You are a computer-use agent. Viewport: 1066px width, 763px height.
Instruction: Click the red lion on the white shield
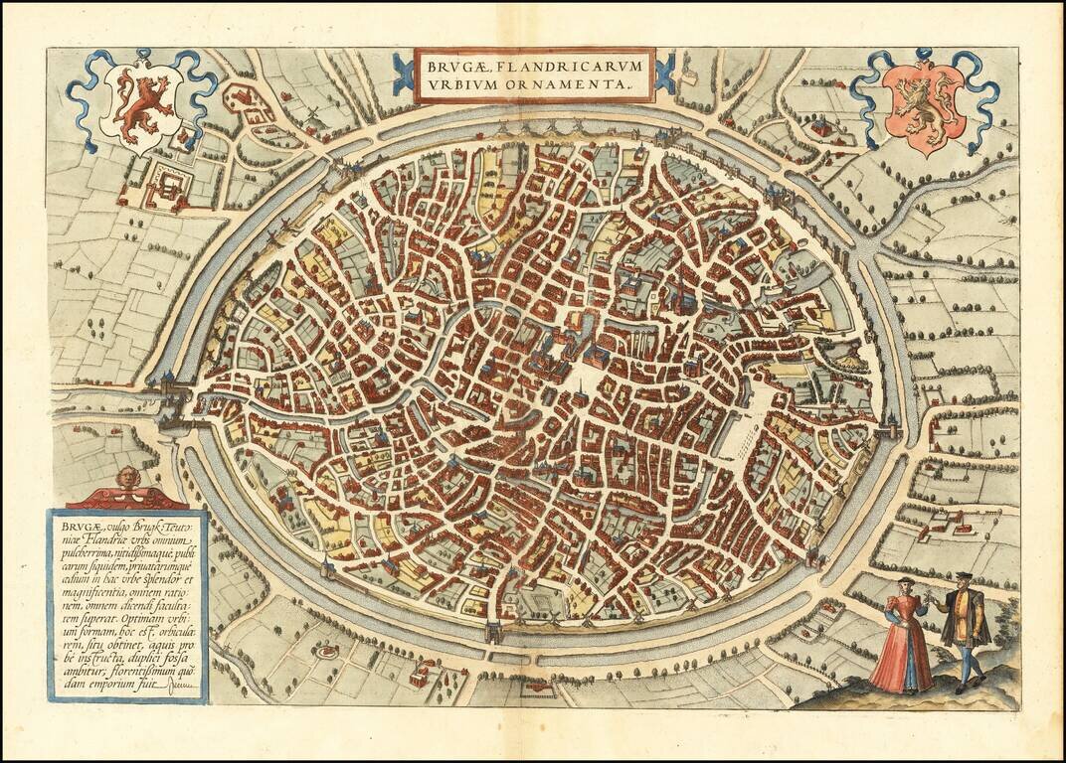(140, 103)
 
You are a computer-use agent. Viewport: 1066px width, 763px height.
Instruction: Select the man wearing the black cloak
(965, 629)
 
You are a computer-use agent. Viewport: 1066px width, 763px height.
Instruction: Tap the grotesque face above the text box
(126, 479)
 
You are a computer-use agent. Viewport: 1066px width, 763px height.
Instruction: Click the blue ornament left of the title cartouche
(403, 76)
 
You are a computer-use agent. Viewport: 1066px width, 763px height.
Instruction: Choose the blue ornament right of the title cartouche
(665, 76)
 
